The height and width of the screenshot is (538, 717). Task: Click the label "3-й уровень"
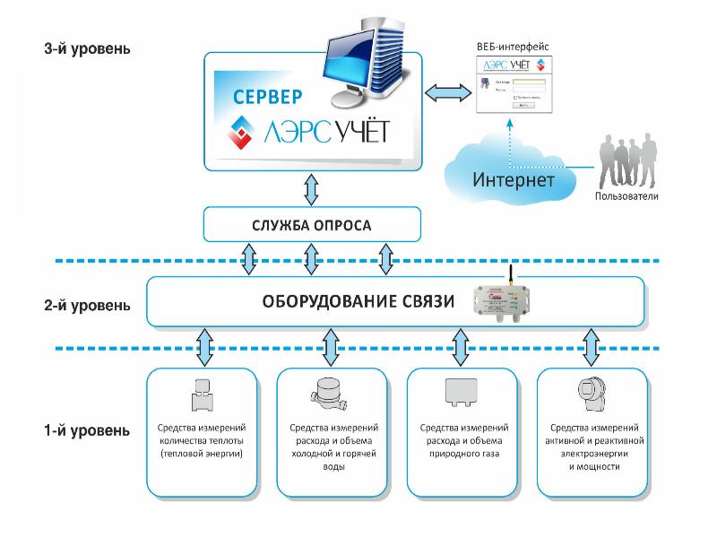(x=86, y=48)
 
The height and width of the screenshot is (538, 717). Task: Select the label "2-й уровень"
(x=86, y=305)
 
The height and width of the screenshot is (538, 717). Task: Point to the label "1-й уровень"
(x=86, y=430)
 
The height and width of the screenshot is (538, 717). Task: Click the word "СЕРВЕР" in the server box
(x=267, y=97)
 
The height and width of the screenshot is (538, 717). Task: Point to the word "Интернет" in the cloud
(x=514, y=179)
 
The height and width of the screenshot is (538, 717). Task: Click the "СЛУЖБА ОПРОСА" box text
(x=311, y=224)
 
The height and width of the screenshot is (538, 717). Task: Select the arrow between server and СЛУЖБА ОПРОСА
(x=311, y=188)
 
